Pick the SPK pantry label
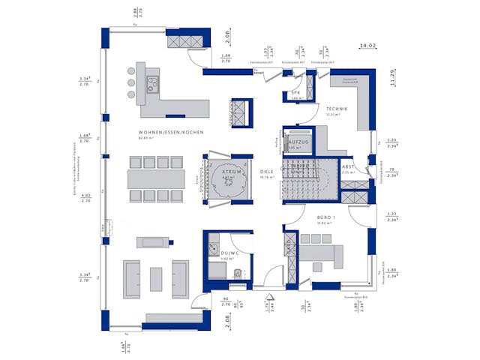295,93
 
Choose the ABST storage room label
348,166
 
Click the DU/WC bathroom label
229,254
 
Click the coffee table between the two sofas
156,278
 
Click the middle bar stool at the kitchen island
132,82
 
